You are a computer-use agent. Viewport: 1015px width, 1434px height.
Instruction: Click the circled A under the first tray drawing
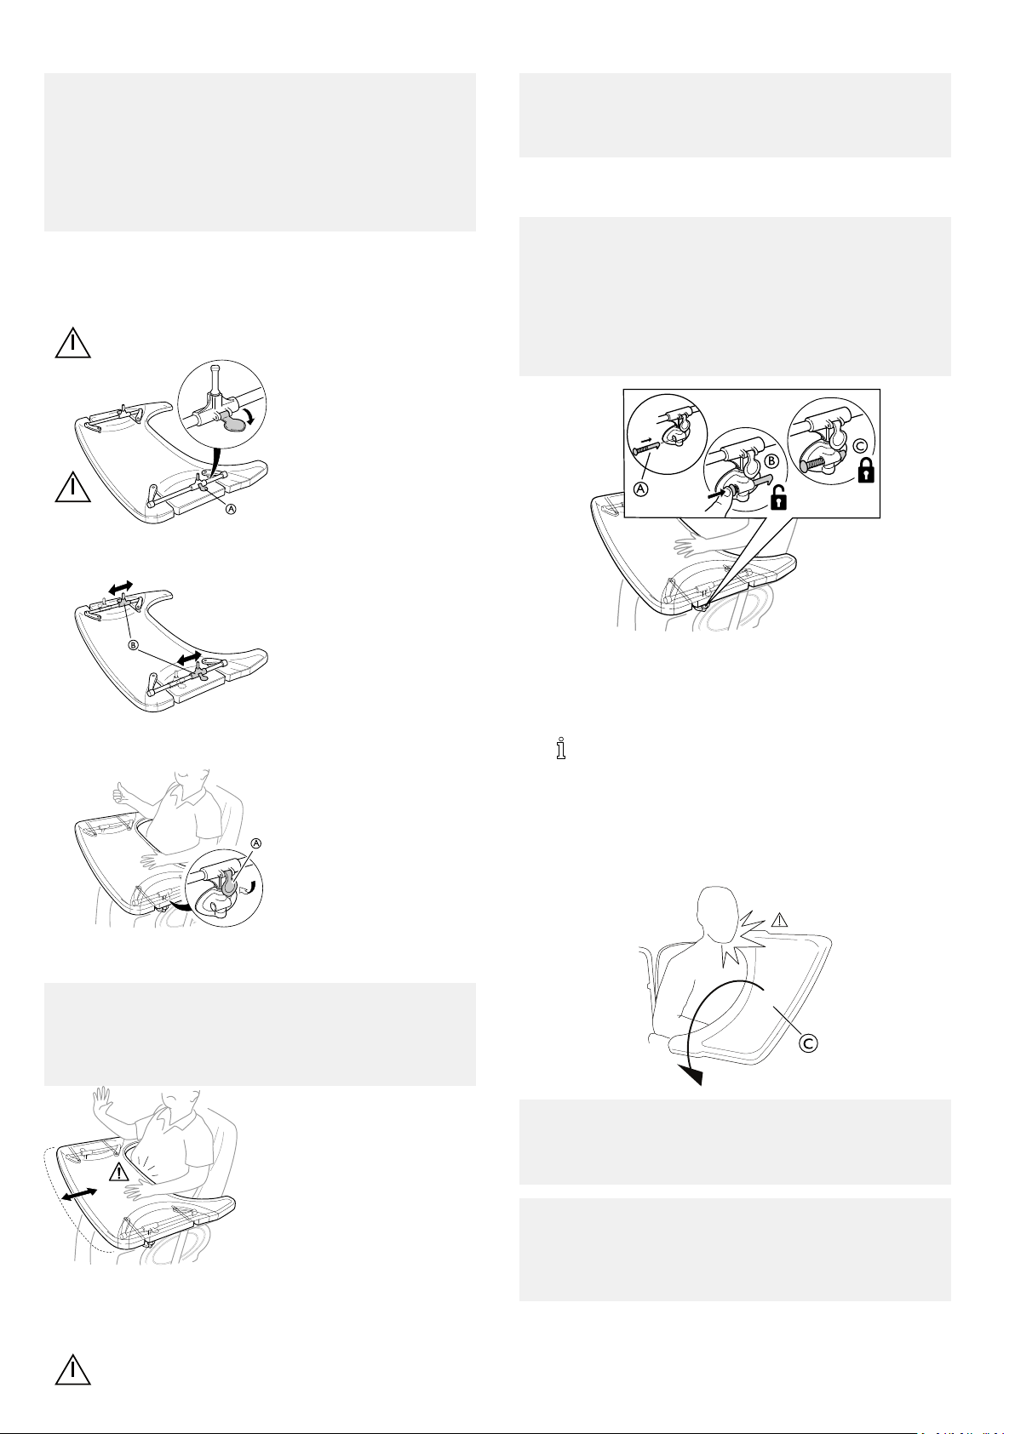tap(231, 508)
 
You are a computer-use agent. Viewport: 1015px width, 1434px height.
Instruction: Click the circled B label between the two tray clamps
tap(133, 644)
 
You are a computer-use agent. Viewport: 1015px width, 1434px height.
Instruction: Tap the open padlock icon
tap(778, 497)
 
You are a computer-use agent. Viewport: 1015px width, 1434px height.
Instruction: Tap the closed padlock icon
tap(865, 470)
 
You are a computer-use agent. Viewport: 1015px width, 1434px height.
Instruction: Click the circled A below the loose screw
tap(641, 489)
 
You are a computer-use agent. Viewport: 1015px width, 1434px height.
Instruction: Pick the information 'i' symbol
tap(561, 749)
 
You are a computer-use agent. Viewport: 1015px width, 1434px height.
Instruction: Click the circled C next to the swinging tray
tap(808, 1043)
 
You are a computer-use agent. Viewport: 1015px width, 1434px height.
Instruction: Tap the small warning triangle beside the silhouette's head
tap(778, 921)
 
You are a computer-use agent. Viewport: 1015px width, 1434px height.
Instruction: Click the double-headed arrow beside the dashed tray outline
tap(79, 1197)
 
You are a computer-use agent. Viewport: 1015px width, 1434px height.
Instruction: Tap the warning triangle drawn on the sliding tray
tap(118, 1172)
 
